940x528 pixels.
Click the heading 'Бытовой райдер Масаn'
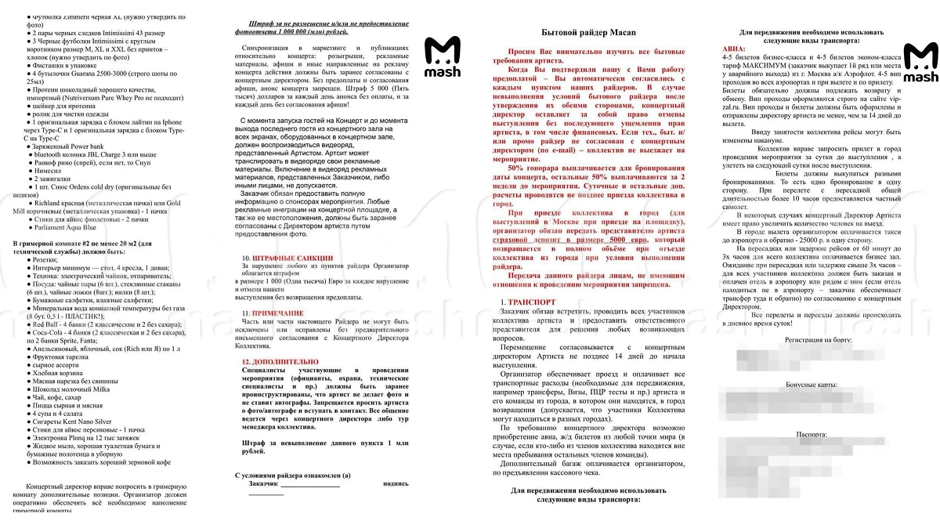[x=592, y=32]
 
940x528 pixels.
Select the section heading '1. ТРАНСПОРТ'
[x=533, y=302]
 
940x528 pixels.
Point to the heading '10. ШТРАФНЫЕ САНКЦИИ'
[x=287, y=258]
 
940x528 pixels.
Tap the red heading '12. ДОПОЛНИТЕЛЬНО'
[x=280, y=362]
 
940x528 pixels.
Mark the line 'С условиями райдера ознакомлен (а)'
[x=293, y=475]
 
